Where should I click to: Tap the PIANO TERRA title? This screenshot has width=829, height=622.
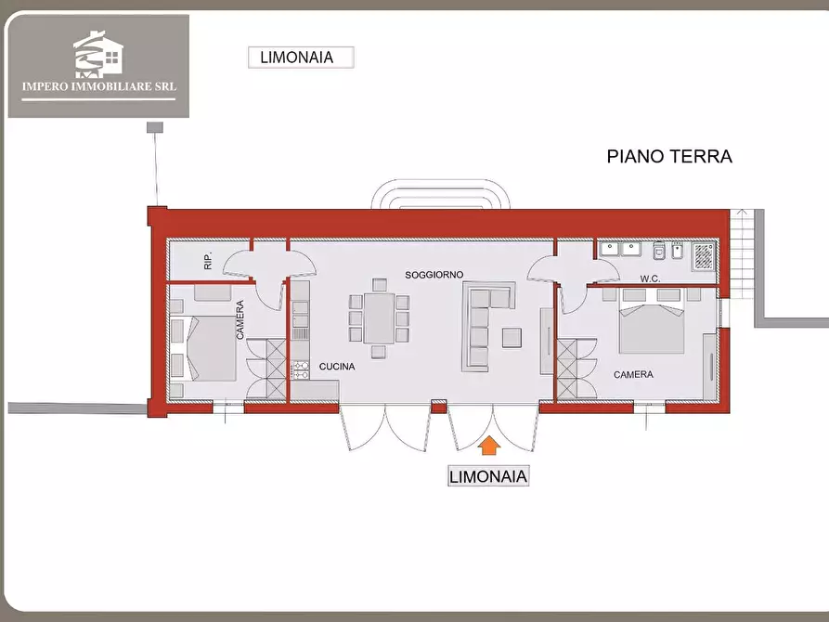(x=669, y=156)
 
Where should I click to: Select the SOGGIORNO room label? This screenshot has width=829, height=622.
(x=434, y=275)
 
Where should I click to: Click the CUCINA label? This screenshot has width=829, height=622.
(x=337, y=367)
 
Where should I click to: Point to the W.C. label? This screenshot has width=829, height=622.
(x=650, y=278)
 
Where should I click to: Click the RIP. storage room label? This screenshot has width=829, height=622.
(x=208, y=262)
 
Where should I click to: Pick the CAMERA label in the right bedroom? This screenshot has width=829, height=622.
(x=633, y=375)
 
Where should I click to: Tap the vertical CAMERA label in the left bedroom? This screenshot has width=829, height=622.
(x=240, y=320)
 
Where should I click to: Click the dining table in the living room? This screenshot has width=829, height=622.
(x=379, y=318)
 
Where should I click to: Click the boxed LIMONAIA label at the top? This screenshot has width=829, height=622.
(x=303, y=57)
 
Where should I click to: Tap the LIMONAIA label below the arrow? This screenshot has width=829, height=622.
(x=488, y=477)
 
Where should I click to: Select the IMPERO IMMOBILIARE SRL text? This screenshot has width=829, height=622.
(x=98, y=88)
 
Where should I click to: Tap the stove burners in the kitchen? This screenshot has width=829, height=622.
(x=300, y=371)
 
